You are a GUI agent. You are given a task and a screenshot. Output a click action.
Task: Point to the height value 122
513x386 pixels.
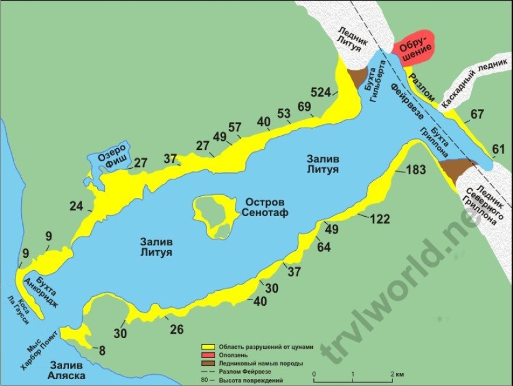coord(380,219)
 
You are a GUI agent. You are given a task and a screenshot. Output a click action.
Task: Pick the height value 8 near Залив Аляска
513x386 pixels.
coord(102,350)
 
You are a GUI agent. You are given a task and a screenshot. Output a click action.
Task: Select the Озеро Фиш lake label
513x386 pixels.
coord(114,156)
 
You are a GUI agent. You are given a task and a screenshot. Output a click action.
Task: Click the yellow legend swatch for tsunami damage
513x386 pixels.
coord(208,346)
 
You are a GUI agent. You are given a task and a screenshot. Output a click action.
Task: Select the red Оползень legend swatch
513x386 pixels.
coord(208,354)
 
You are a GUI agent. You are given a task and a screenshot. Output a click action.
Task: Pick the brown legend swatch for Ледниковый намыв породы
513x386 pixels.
coord(208,363)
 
